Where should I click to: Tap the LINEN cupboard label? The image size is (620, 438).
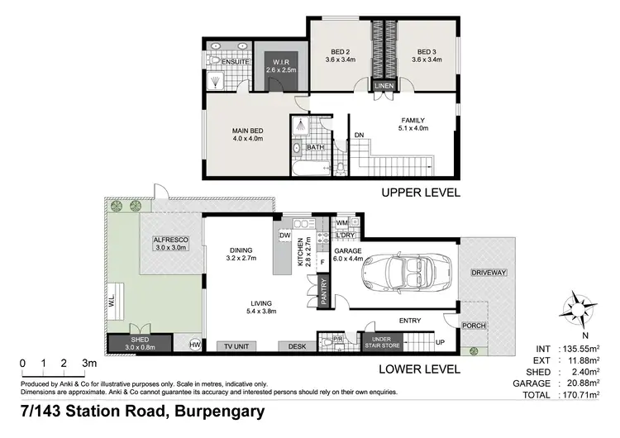pyautogui.click(x=384, y=86)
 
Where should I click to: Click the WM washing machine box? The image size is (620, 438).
pyautogui.click(x=342, y=223)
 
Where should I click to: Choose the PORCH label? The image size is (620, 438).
pyautogui.click(x=474, y=326)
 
